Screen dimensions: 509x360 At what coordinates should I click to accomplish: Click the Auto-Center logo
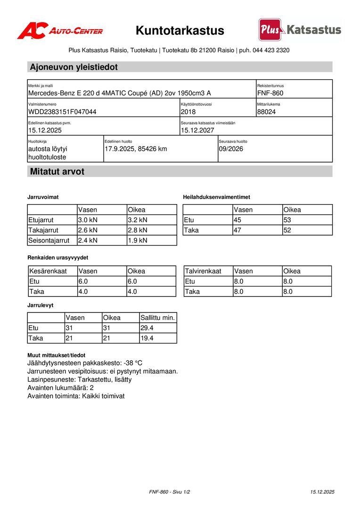coord(60,31)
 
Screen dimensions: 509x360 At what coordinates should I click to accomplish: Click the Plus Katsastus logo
coord(300,30)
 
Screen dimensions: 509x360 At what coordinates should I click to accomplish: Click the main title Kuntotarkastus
coord(180,31)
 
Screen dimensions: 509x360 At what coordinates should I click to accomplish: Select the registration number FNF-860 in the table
coord(270,93)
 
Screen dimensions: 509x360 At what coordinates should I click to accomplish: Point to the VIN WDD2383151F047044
coord(62,112)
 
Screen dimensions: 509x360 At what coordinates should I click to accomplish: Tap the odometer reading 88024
coord(267,112)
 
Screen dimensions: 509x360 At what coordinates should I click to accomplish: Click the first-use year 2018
coord(188,112)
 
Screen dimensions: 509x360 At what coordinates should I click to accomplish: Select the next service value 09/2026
coord(231,149)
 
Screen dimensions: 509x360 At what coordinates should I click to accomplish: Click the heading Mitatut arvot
coord(57,172)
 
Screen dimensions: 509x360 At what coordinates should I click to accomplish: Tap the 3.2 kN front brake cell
coord(138,220)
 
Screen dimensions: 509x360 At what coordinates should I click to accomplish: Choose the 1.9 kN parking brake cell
coord(138,240)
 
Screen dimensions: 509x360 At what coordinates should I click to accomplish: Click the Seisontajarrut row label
coord(49,240)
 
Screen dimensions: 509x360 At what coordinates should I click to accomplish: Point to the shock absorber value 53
coord(287,220)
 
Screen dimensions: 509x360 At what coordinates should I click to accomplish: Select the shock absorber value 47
coord(238,230)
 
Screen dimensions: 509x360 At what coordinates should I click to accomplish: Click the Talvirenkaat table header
coord(203,271)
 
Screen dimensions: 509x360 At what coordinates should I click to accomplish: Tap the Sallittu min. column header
coord(158,318)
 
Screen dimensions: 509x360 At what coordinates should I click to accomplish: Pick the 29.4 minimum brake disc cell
coord(147,328)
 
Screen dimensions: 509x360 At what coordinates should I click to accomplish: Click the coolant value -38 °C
coord(133,363)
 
